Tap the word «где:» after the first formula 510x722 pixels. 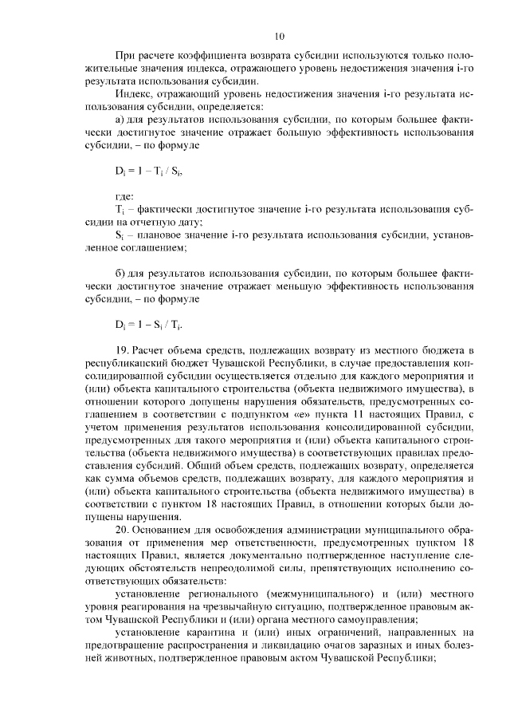(x=124, y=195)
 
